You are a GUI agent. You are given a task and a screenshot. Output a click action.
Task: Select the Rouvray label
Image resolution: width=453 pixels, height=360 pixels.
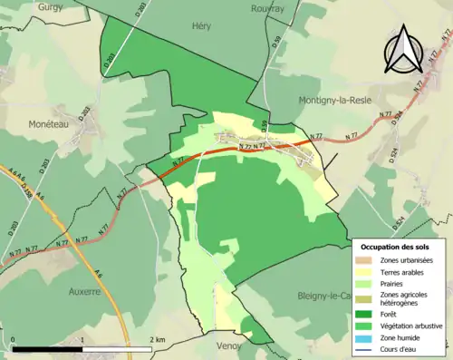point(265,8)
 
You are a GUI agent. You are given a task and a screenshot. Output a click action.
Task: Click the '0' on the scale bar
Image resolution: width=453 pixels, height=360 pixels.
point(14,340)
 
